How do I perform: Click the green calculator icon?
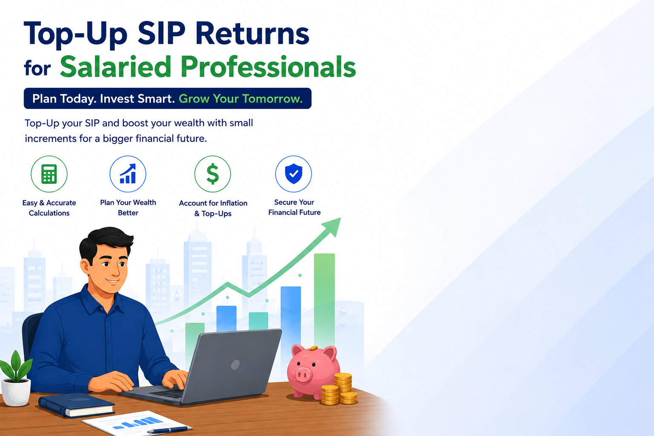(49, 174)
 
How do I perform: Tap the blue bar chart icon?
(128, 174)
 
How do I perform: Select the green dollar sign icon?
(212, 174)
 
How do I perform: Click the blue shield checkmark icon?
(293, 174)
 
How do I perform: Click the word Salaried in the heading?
(115, 66)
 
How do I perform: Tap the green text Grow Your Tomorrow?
(241, 99)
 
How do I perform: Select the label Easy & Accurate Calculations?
(49, 208)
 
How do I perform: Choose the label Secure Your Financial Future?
(294, 207)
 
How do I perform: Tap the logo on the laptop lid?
(235, 364)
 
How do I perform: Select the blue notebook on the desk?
(77, 404)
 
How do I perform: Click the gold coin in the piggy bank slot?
(313, 348)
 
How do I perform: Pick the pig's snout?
(302, 375)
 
